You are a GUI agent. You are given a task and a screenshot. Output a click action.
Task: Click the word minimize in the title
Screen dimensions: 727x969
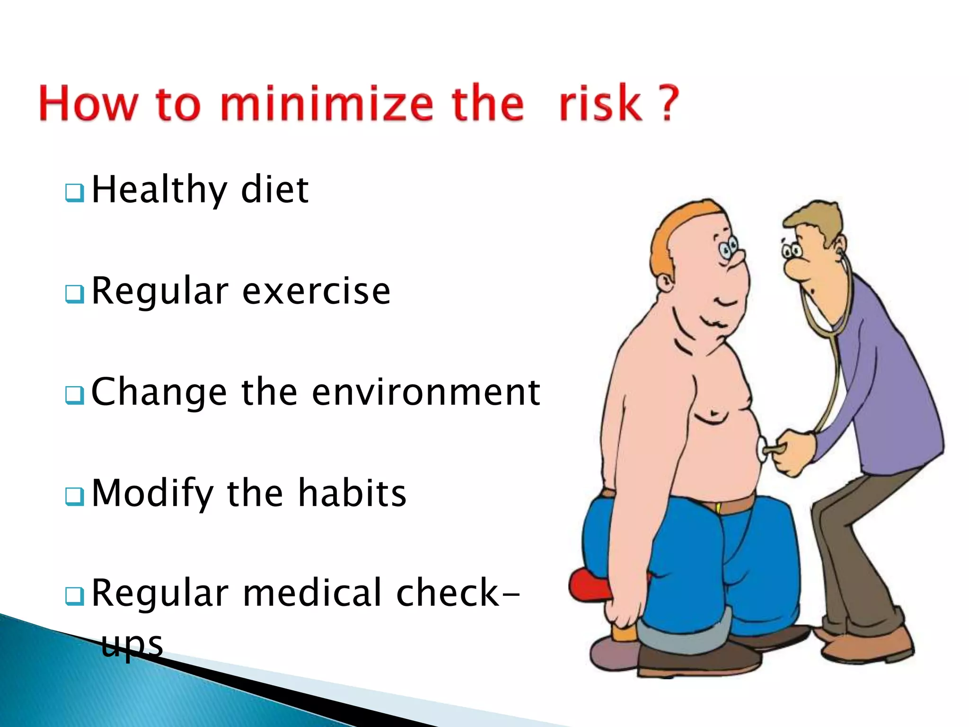pos(326,103)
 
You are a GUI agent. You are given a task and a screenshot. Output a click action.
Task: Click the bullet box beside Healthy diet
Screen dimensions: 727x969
pos(75,193)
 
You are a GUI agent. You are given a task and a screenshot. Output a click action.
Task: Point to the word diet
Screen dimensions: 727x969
pos(274,189)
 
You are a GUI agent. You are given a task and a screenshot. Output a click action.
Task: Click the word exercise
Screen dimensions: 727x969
pos(316,291)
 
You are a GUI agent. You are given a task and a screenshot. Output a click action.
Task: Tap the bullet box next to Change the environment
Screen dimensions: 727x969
pos(75,395)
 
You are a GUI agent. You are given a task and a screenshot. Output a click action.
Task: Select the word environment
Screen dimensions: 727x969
pos(426,392)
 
